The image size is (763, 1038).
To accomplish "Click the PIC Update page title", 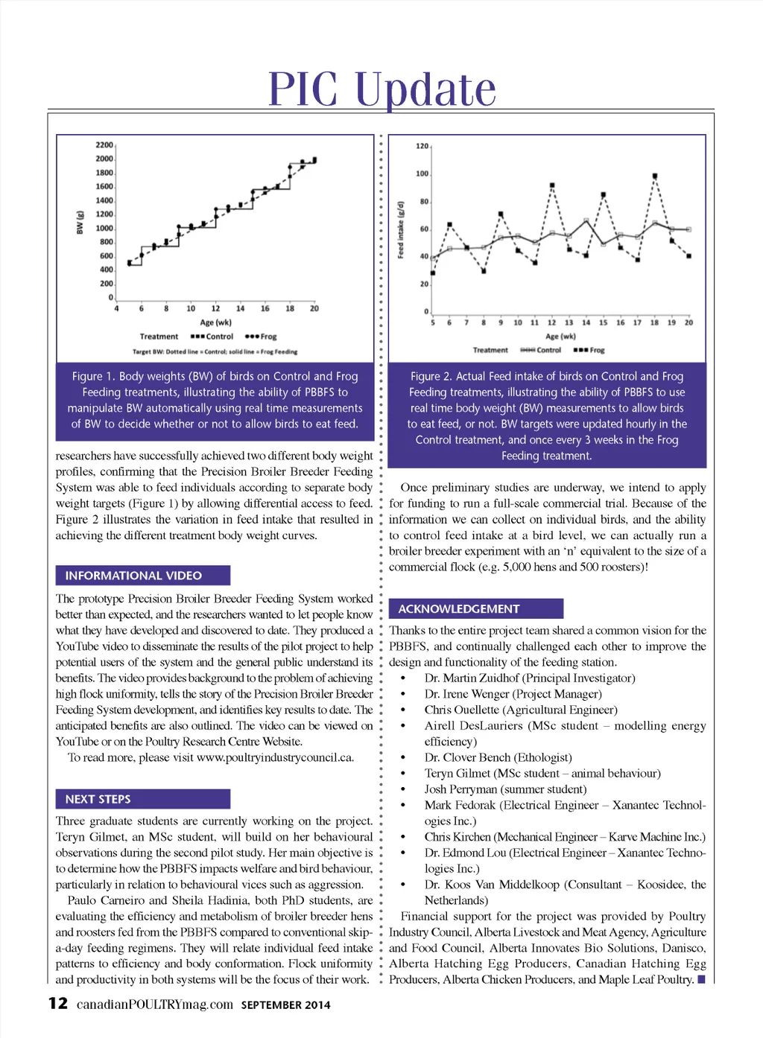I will (x=381, y=89).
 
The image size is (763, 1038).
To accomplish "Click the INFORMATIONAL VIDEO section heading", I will (x=133, y=576).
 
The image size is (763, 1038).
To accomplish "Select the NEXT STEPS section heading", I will (x=98, y=799).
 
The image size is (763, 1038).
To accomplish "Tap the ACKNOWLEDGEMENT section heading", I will (x=458, y=609).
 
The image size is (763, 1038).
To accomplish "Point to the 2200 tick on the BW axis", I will (x=104, y=145).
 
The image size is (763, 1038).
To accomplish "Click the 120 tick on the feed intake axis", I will (x=422, y=147).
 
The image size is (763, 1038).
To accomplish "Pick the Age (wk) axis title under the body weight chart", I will (x=215, y=322).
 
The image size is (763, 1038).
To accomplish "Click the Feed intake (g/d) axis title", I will (x=401, y=229).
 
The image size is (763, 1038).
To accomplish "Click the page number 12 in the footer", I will (x=58, y=1004).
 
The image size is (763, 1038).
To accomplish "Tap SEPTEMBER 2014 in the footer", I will (x=285, y=1005).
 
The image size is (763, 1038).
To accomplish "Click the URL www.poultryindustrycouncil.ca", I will (x=275, y=758).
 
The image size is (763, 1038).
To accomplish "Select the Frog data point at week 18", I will (x=655, y=176).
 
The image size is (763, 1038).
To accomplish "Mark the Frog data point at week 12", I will (x=552, y=185).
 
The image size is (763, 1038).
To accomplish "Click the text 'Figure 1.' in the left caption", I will (x=93, y=377).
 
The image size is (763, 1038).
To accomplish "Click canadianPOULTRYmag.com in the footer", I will (x=154, y=1004).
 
